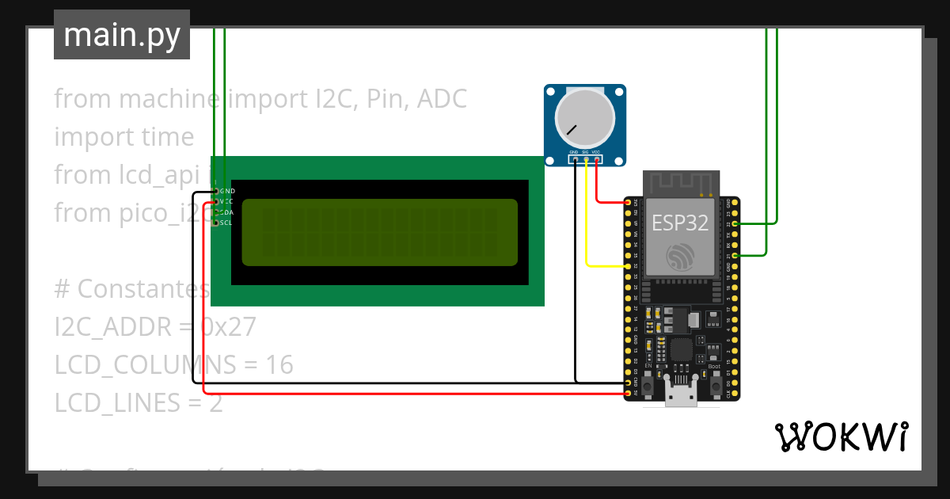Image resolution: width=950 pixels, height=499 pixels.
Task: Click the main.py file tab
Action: coord(122,35)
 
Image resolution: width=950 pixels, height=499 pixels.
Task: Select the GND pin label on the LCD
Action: coord(227,191)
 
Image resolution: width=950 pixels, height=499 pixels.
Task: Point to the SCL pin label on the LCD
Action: coord(226,223)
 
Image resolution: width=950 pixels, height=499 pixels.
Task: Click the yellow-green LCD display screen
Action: coord(379,232)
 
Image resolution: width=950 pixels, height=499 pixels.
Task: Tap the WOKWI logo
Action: coord(841,436)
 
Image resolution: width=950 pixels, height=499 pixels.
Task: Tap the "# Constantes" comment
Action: coord(131,288)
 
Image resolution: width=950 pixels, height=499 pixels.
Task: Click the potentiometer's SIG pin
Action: coord(586,159)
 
